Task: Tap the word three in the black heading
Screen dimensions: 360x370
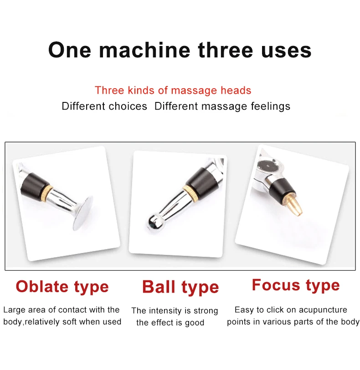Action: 226,50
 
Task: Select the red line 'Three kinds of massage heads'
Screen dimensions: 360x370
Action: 173,91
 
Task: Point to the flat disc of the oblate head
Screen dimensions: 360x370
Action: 82,213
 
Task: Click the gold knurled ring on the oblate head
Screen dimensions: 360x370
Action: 49,190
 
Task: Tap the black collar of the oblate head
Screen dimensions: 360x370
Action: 35,184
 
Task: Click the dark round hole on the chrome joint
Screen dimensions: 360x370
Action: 267,166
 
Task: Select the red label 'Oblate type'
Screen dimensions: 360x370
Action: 62,287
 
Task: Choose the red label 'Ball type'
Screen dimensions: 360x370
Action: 180,287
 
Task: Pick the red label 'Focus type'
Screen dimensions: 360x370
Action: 296,285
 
